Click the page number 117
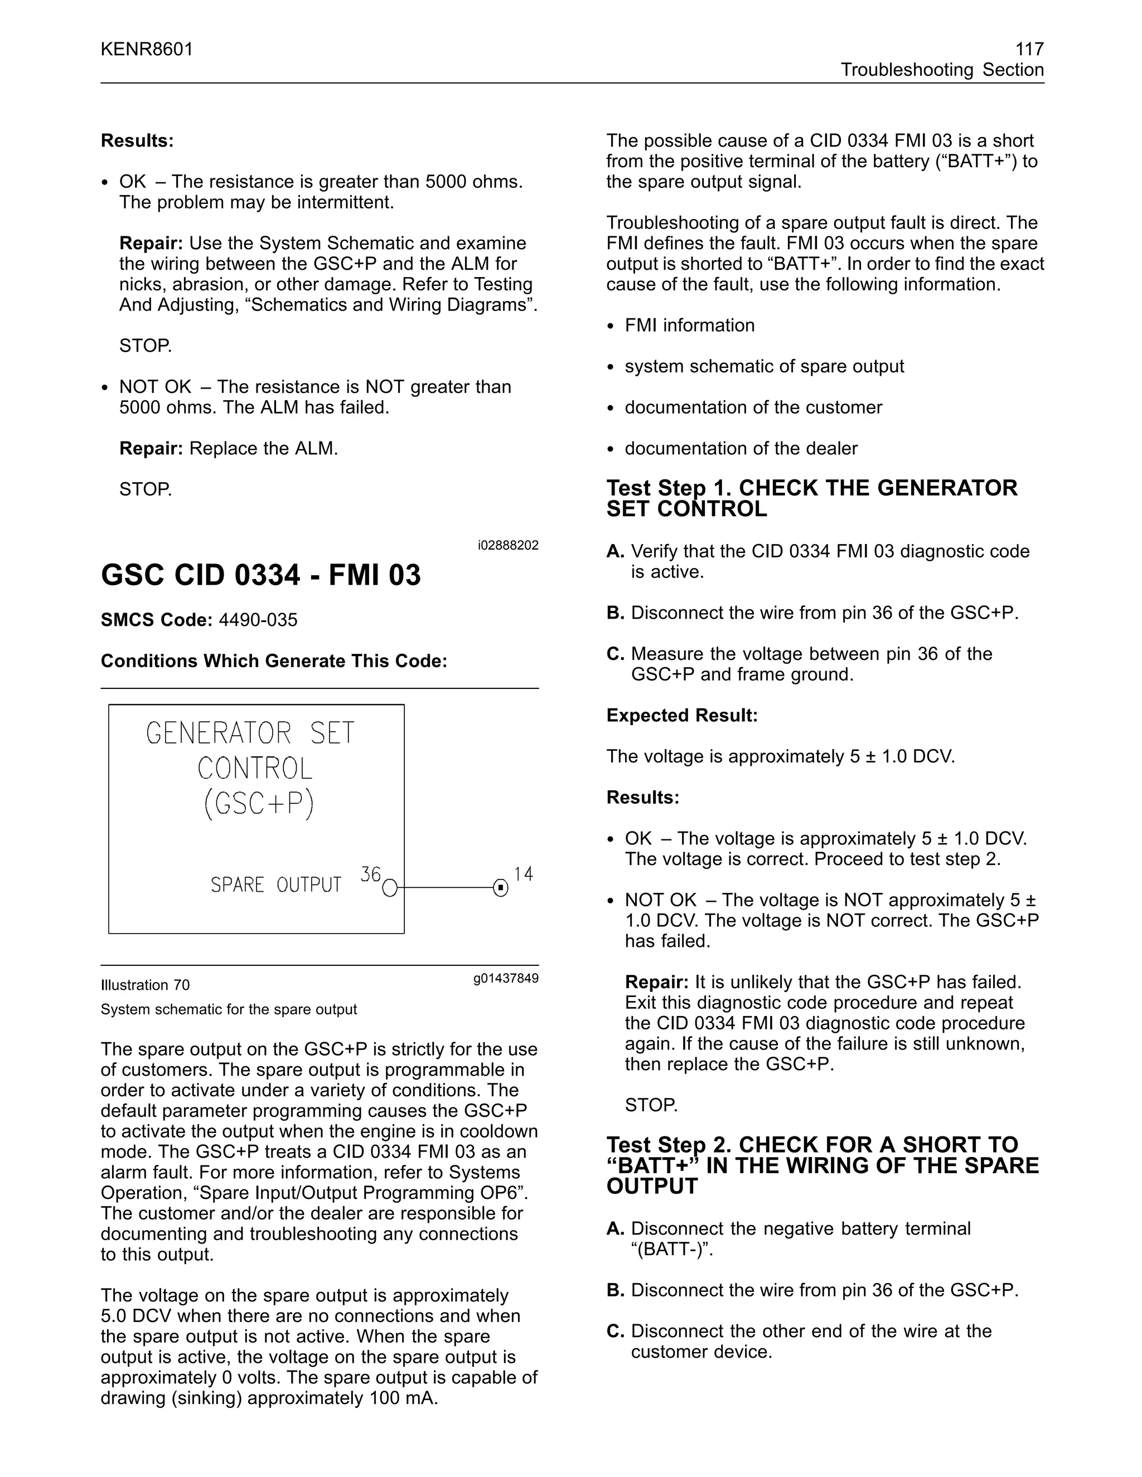click(x=1029, y=50)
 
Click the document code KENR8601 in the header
click(x=147, y=50)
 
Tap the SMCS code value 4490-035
click(x=258, y=620)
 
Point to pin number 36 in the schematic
click(x=370, y=874)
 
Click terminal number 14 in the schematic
click(x=523, y=874)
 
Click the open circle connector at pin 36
click(x=390, y=888)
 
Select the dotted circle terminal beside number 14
click(x=501, y=888)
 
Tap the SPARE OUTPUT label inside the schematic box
click(x=275, y=885)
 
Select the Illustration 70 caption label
click(x=145, y=985)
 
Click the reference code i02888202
click(x=507, y=545)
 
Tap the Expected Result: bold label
click(x=681, y=716)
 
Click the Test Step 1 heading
click(x=811, y=498)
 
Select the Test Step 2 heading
click(x=822, y=1165)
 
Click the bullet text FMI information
click(x=689, y=325)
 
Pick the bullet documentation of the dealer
click(x=741, y=448)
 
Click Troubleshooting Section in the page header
click(x=942, y=70)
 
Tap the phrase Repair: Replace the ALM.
click(x=229, y=448)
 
